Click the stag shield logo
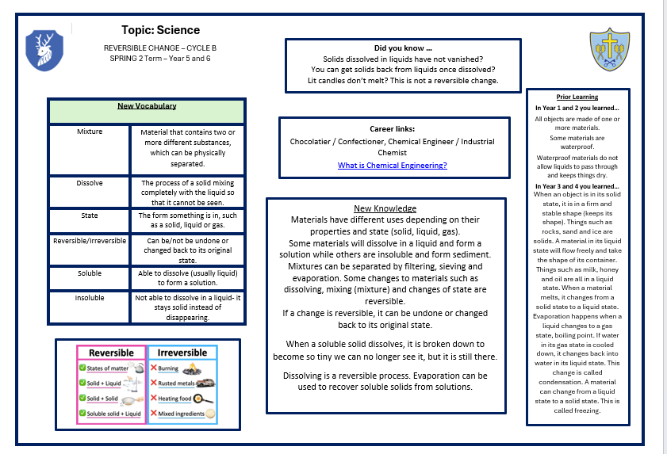pos(40,49)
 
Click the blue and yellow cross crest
pos(608,49)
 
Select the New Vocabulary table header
pos(147,106)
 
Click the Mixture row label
pos(90,132)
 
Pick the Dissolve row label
pos(90,183)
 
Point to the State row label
pos(90,215)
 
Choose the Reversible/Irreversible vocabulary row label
pos(90,241)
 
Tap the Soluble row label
pos(90,273)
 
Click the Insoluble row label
pos(90,299)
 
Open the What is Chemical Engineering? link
pos(392,165)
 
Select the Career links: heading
pos(392,128)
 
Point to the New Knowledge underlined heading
pos(385,208)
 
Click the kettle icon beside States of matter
pos(139,368)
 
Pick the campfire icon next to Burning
pos(190,368)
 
